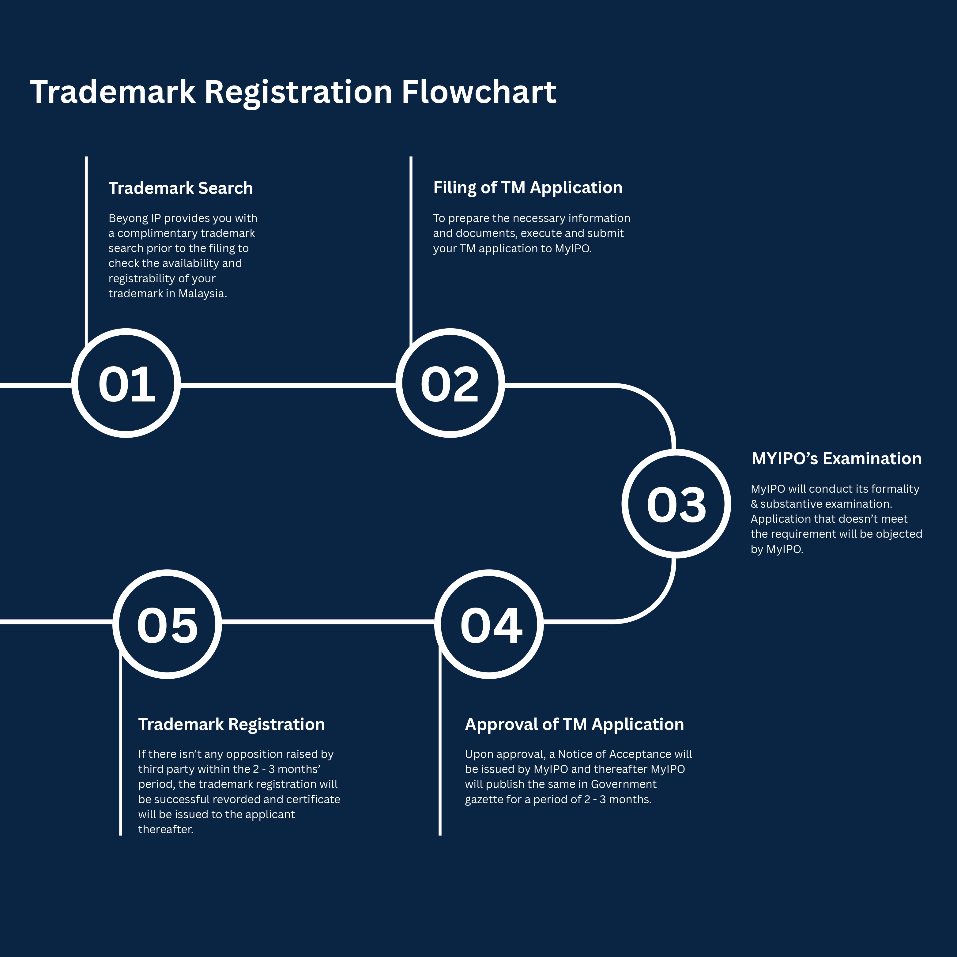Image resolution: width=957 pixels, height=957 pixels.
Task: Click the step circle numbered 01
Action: click(126, 383)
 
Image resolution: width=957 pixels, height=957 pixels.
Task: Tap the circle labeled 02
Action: click(450, 383)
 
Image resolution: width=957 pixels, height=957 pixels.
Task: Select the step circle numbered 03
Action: click(676, 504)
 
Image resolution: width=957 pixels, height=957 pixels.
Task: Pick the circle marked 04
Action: click(489, 624)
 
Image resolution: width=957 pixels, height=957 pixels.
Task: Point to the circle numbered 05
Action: click(167, 624)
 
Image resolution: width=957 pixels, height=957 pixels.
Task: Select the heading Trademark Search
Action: click(180, 188)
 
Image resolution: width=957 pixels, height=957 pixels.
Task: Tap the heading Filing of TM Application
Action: click(528, 188)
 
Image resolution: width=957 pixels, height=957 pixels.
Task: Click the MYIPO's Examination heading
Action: click(836, 459)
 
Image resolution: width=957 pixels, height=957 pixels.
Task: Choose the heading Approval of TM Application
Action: click(574, 724)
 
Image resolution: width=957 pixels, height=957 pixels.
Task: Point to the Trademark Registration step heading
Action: click(231, 724)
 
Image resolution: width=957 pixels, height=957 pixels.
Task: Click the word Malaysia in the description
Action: click(202, 294)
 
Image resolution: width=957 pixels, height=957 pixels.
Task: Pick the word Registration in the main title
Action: click(298, 92)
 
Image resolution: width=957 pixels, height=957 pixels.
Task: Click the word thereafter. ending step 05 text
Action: click(165, 829)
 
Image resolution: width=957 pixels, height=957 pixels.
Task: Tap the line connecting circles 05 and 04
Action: click(327, 621)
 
